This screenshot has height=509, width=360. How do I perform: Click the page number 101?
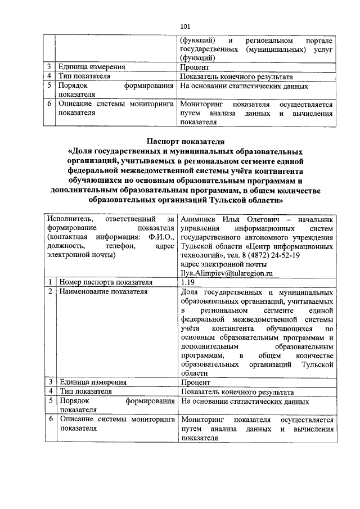point(186,26)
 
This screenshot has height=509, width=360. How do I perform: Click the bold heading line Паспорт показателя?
point(186,141)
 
